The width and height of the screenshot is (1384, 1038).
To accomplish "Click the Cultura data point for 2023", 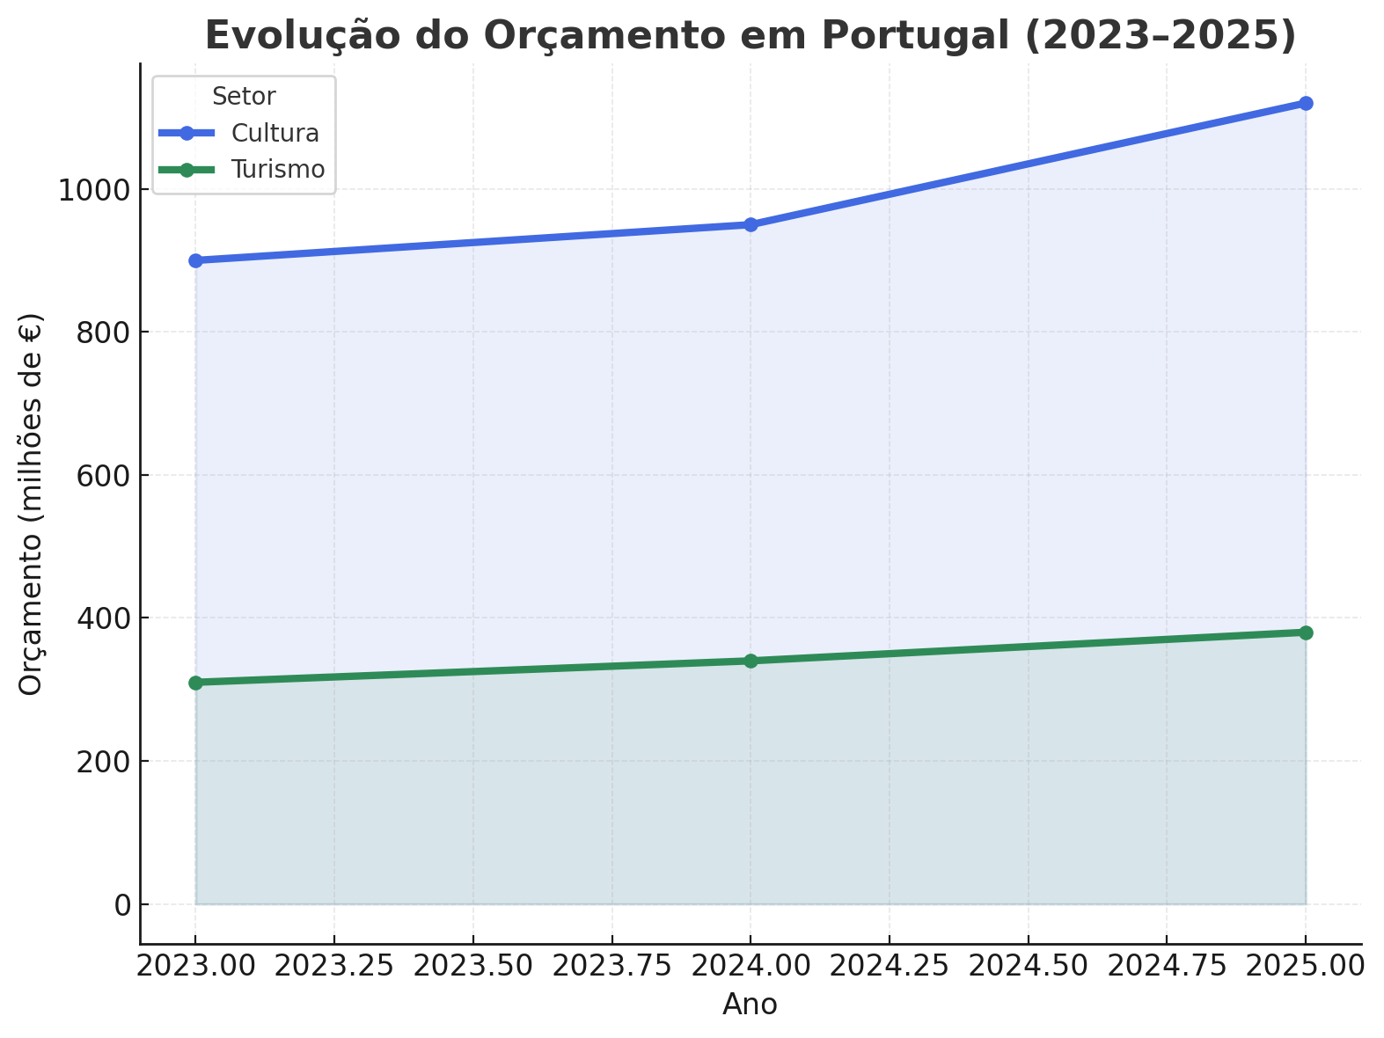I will (x=195, y=260).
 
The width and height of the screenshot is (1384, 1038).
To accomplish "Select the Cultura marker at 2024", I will (x=751, y=224).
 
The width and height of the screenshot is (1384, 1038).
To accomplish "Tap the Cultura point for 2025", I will (x=1306, y=103).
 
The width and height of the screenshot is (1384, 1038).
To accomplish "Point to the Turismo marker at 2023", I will (x=195, y=683).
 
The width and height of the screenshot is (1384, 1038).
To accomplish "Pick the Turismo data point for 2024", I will (x=751, y=661).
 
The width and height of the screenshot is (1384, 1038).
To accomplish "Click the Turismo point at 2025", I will (x=1306, y=632).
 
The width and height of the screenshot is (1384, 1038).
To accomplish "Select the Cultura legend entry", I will (x=275, y=133).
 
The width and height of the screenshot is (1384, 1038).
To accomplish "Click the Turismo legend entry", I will (x=277, y=169).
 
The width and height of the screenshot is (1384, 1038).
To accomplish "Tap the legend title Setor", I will (x=244, y=97).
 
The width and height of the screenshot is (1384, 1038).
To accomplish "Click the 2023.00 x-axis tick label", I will (x=195, y=966).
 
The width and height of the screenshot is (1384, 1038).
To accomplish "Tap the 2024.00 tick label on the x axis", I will (x=751, y=966).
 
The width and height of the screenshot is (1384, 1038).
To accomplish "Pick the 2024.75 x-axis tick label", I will (x=1167, y=966).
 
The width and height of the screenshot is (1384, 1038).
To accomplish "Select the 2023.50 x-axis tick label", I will (x=473, y=966).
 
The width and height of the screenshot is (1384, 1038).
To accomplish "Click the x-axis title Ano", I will (x=750, y=1005).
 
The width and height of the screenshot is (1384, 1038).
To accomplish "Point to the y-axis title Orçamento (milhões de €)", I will (x=31, y=503).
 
